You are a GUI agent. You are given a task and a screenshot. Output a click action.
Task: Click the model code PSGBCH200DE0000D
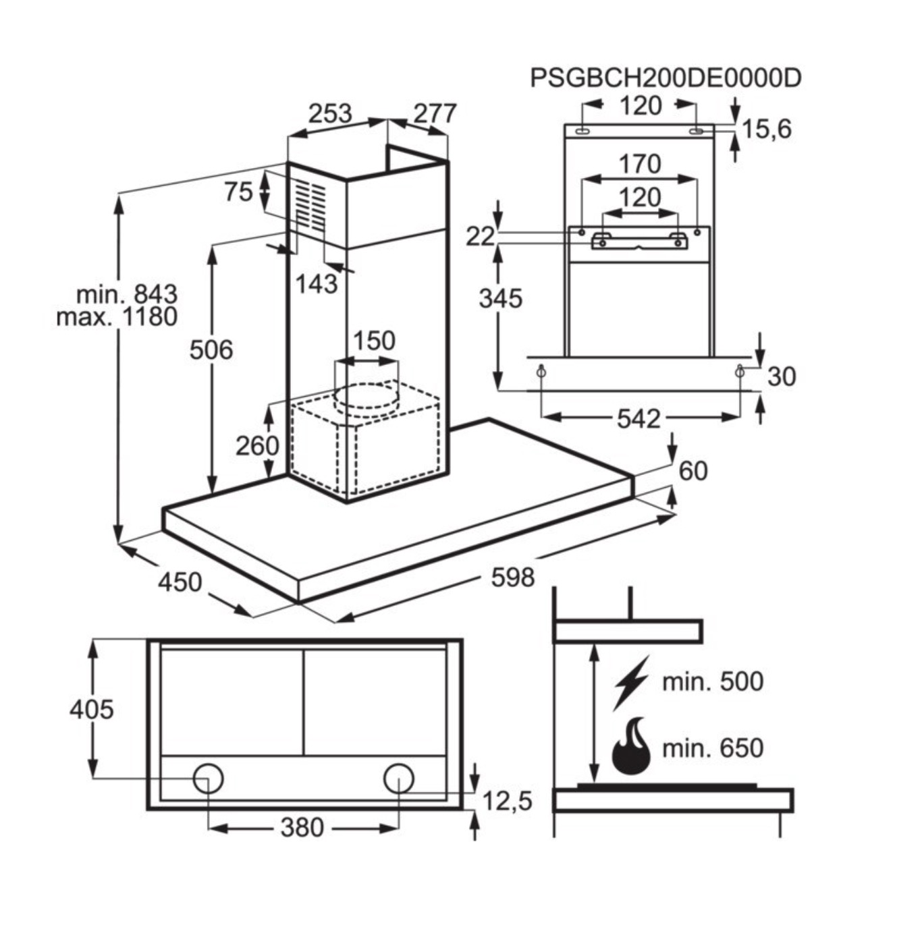point(665,78)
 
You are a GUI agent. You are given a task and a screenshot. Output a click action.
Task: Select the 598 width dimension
point(513,578)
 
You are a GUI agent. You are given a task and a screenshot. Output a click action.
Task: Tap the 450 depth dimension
point(180,582)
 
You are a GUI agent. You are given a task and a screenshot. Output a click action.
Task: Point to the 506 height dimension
point(211,349)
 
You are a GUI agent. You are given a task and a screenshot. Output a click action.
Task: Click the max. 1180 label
point(117,317)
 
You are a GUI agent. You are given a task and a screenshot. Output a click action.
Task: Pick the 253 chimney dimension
point(330,113)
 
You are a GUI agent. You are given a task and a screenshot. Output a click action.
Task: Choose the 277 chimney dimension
point(435,113)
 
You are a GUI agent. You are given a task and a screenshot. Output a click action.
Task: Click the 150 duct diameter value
point(374,341)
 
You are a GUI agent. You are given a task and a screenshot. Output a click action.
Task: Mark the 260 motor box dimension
point(257,445)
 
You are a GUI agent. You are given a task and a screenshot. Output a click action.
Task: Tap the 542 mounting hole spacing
point(638,419)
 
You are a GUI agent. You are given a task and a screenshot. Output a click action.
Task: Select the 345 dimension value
point(501,298)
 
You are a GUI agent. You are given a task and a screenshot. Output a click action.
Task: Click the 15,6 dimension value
point(766,128)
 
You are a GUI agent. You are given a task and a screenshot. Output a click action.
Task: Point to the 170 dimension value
point(639,164)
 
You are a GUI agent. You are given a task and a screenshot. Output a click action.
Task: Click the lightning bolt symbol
point(630,682)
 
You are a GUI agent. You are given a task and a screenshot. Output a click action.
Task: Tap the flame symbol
point(631,747)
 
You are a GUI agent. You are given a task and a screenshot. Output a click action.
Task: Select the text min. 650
point(712,748)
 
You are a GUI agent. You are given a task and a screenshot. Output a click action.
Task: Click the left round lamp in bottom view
point(208,779)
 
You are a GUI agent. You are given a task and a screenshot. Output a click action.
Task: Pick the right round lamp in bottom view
point(398,779)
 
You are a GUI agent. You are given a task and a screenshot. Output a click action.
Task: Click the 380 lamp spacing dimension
point(302,827)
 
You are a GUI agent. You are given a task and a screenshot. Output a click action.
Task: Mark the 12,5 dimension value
point(507,802)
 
